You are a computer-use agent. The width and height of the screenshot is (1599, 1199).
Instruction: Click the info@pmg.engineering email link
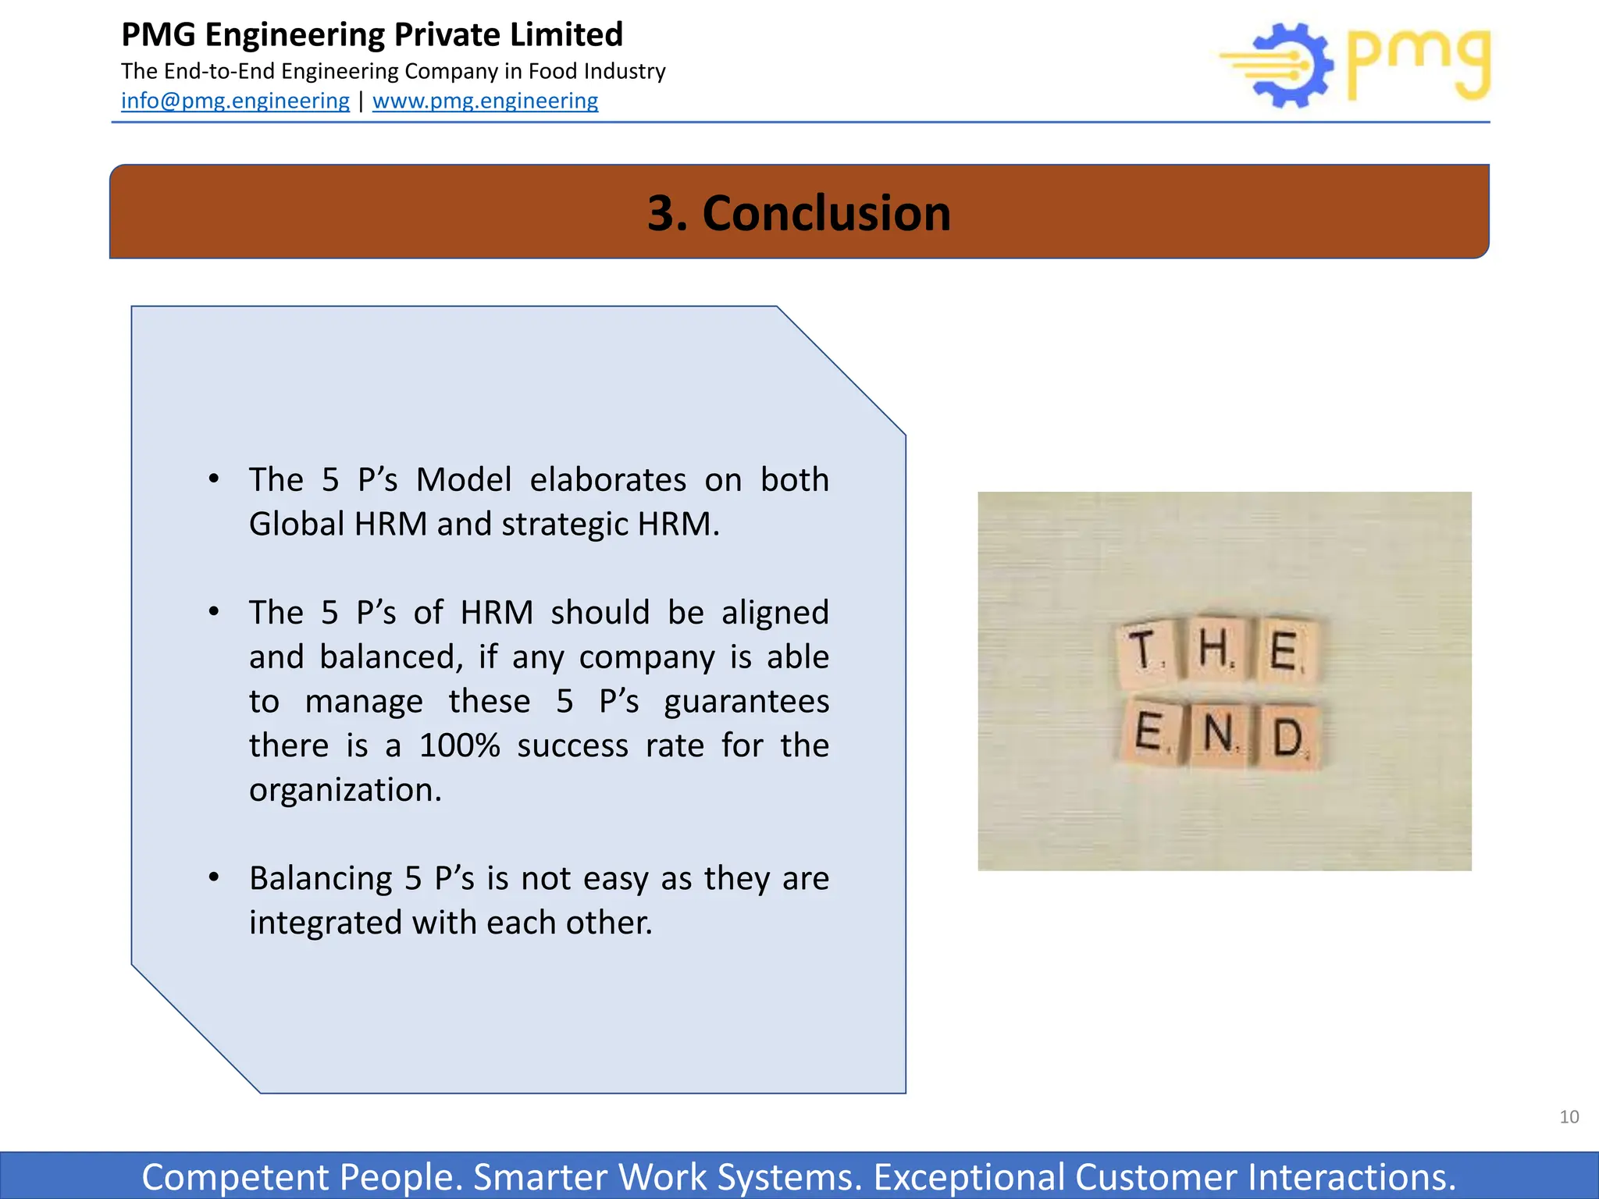click(x=235, y=101)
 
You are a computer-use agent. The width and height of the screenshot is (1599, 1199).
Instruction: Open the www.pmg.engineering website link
click(x=485, y=101)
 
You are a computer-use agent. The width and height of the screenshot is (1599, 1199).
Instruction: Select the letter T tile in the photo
click(x=1145, y=651)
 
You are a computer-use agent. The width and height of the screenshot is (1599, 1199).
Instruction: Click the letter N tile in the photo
click(x=1220, y=735)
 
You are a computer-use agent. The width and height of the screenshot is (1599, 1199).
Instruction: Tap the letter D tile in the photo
click(x=1288, y=738)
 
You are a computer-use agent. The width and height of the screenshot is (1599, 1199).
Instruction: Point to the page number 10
click(x=1569, y=1117)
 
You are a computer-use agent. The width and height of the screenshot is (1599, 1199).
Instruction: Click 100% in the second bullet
click(x=459, y=745)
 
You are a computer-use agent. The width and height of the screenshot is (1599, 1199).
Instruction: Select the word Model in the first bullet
click(x=463, y=479)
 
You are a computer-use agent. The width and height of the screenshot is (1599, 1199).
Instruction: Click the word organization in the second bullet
click(x=345, y=790)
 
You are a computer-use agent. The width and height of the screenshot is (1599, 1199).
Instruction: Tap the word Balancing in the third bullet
click(x=320, y=879)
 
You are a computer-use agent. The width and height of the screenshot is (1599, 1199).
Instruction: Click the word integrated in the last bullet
click(x=326, y=923)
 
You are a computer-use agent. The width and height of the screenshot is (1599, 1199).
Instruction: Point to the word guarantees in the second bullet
click(x=746, y=702)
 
